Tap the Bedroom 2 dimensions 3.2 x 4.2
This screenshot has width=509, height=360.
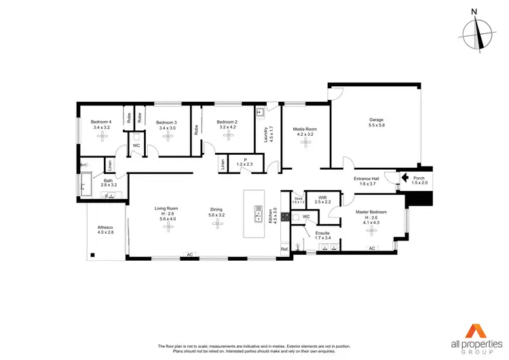tap(227, 127)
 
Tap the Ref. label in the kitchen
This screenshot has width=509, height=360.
tap(284, 249)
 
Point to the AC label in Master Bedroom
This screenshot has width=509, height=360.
tap(371, 249)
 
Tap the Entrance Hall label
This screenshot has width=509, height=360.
tap(366, 181)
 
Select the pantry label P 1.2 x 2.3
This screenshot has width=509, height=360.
tap(244, 162)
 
